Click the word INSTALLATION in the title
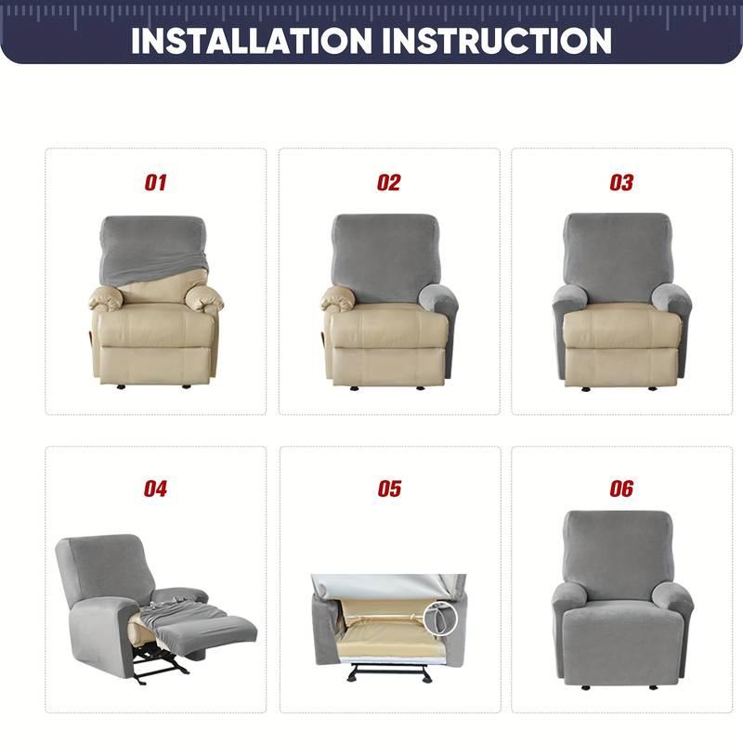pos(251,42)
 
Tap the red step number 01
pos(155,183)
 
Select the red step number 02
pos(388,183)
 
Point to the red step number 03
pos(621,183)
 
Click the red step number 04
pos(155,489)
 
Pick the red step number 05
pos(388,489)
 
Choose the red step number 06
pos(621,489)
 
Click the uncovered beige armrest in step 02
pos(338,297)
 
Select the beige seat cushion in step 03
pos(621,325)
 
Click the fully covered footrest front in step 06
pos(621,641)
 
